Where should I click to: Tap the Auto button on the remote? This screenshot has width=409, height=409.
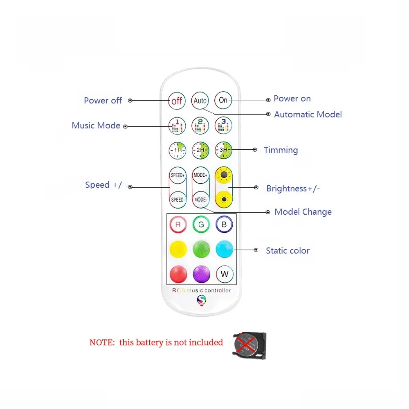click(x=200, y=101)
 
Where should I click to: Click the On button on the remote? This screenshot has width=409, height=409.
click(x=223, y=100)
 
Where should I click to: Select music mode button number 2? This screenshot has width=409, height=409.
click(x=200, y=126)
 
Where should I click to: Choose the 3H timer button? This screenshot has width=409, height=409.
click(x=223, y=150)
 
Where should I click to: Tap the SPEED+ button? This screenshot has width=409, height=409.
click(x=178, y=175)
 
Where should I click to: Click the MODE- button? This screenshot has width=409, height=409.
click(x=201, y=200)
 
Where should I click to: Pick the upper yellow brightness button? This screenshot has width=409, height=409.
click(x=224, y=176)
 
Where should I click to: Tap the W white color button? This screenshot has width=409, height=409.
click(x=224, y=274)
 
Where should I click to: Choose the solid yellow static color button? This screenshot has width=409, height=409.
click(x=178, y=249)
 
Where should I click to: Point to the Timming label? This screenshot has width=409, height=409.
click(x=281, y=150)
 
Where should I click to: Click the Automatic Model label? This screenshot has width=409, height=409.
click(x=308, y=115)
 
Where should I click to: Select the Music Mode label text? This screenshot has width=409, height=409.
click(x=96, y=126)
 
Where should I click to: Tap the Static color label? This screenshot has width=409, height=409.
click(x=288, y=251)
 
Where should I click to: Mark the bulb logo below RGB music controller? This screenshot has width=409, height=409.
click(x=202, y=301)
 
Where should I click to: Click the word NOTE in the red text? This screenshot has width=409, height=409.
click(x=101, y=343)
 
